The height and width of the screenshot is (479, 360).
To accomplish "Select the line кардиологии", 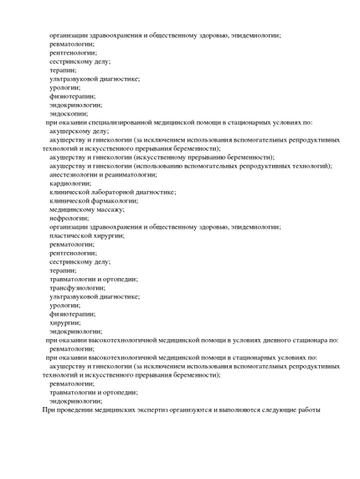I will [x=69, y=183].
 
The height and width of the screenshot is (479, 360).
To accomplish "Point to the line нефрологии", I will [x=69, y=218].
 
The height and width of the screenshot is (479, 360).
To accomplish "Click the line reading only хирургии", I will [x=64, y=322].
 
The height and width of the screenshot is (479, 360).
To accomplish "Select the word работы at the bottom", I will [x=306, y=410].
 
